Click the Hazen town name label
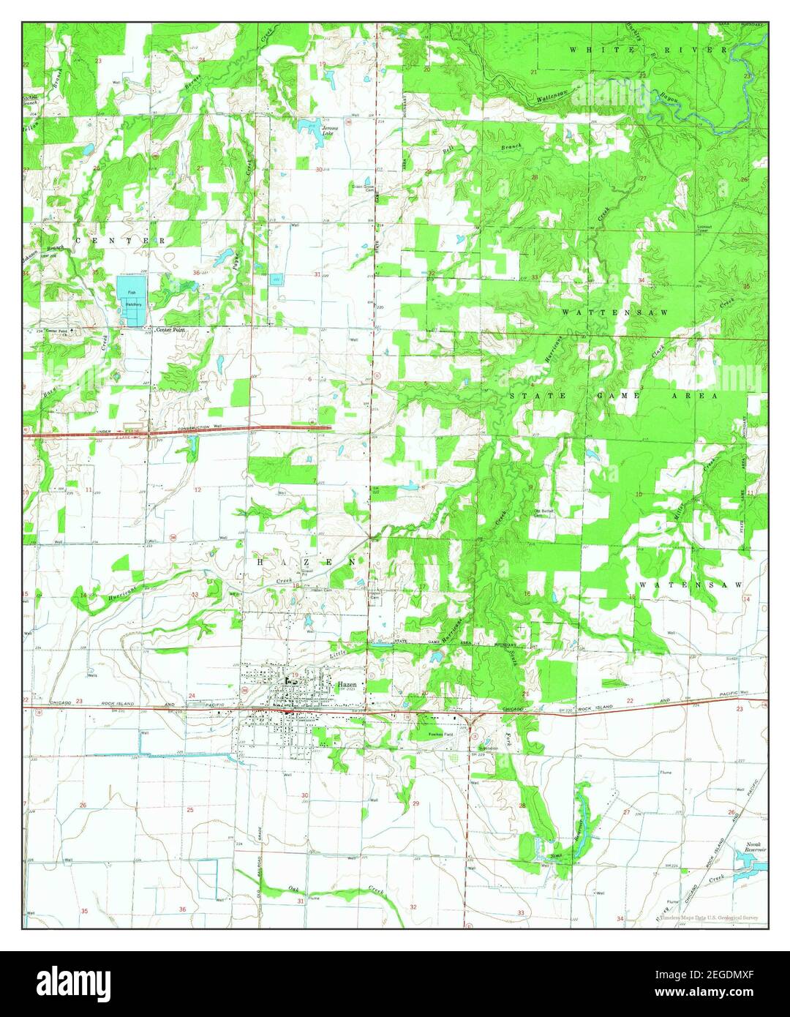point(347,685)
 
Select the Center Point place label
point(170,331)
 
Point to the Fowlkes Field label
point(440,734)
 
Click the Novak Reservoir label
point(756,849)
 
